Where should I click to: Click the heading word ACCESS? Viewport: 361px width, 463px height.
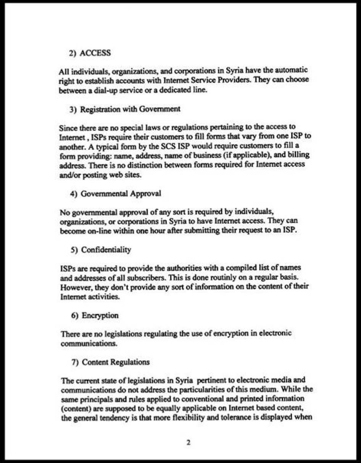[95, 53]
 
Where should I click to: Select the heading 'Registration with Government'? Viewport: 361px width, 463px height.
[130, 109]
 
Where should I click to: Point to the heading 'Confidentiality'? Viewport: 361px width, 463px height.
[106, 250]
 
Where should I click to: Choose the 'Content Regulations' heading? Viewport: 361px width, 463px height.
[116, 362]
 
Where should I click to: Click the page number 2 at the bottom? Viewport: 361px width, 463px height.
[188, 443]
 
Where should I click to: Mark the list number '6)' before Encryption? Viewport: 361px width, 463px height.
[75, 316]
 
